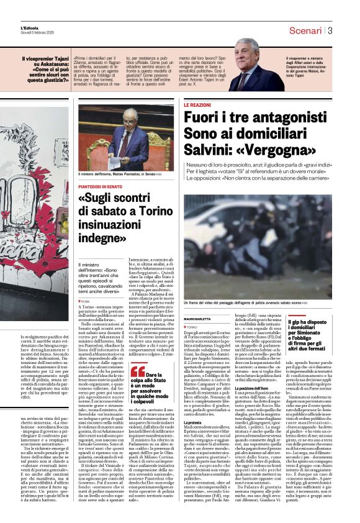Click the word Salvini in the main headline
(209, 150)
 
